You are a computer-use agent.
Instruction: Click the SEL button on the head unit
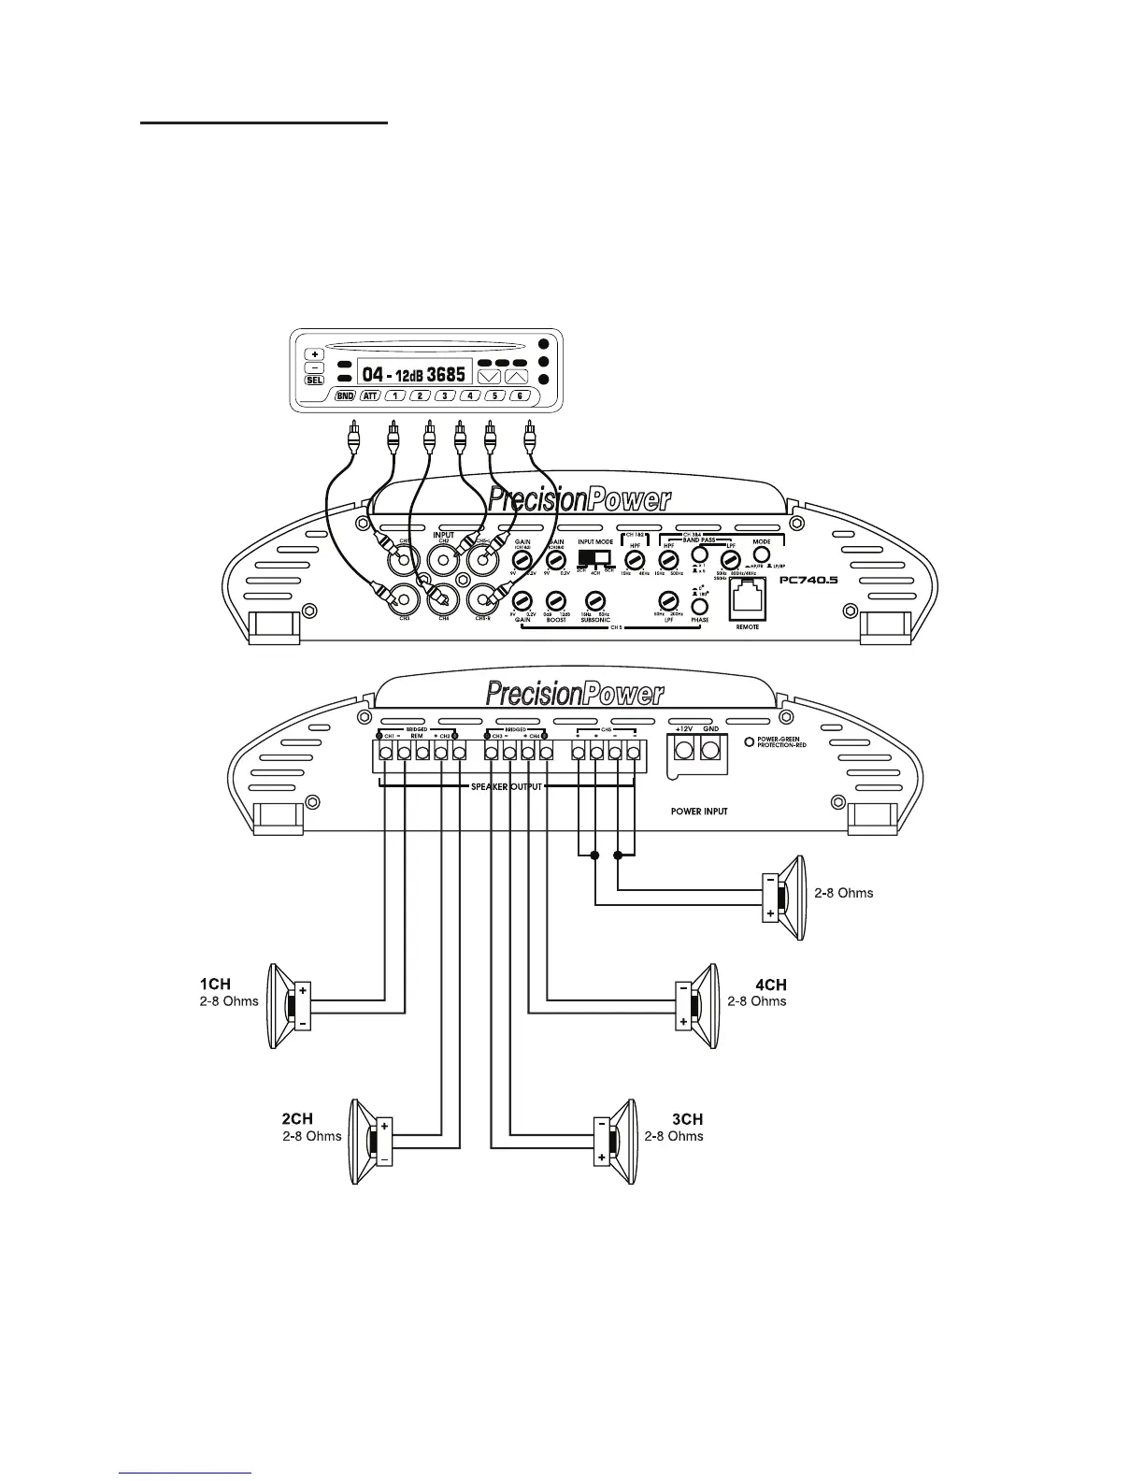click(x=313, y=381)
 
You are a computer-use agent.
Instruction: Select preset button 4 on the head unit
click(x=470, y=396)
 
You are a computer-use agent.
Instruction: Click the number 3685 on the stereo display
click(x=446, y=373)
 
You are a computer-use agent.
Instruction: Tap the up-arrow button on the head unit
click(x=517, y=376)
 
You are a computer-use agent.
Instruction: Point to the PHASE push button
click(x=699, y=606)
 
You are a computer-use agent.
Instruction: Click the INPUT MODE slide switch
click(x=594, y=558)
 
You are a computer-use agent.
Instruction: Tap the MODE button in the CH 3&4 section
click(x=762, y=555)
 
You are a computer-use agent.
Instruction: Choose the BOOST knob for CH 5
click(x=556, y=601)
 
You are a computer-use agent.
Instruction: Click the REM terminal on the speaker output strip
click(x=422, y=753)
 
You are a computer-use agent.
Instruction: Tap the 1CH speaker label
click(x=215, y=984)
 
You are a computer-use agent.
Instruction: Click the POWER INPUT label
click(x=699, y=812)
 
